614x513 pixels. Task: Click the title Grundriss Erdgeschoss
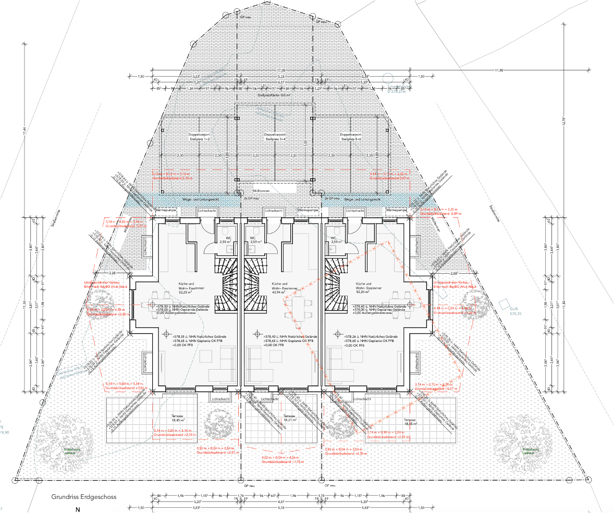click(x=83, y=497)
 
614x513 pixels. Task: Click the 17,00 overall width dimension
click(x=281, y=70)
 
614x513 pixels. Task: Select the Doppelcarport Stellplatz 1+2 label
click(x=199, y=137)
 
